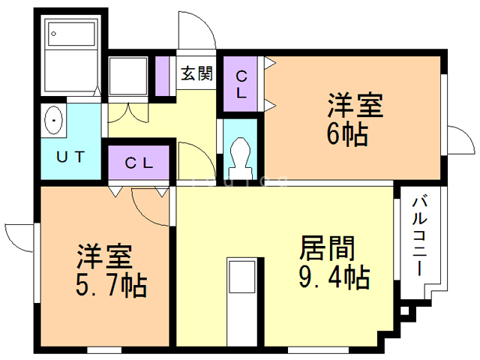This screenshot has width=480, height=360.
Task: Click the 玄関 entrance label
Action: pyautogui.click(x=197, y=74)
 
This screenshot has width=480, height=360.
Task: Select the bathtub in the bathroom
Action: pyautogui.click(x=71, y=53)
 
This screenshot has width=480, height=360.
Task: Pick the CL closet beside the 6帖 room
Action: pyautogui.click(x=241, y=84)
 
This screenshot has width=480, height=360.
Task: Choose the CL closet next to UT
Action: pyautogui.click(x=139, y=161)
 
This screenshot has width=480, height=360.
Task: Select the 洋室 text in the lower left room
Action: pyautogui.click(x=104, y=257)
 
